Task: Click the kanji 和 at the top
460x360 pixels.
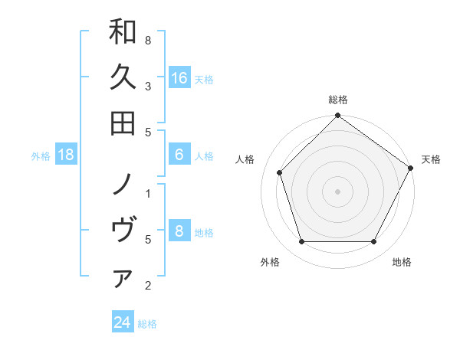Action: point(123,31)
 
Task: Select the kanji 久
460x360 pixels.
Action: point(123,77)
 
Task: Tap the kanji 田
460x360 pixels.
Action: point(123,123)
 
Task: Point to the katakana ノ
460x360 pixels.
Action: point(123,184)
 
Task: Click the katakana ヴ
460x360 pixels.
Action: point(123,230)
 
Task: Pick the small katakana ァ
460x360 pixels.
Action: point(123,277)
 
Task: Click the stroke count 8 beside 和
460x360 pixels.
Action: point(148,40)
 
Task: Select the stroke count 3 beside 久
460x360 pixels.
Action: point(148,86)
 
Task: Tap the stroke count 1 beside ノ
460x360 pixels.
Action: point(148,193)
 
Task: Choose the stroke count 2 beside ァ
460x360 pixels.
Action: point(148,286)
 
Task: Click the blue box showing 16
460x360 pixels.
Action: point(179,77)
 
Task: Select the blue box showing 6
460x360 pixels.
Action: point(179,154)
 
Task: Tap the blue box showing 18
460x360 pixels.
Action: point(67,155)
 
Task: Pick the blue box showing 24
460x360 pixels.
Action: point(123,322)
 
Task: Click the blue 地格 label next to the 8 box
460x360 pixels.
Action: point(204,233)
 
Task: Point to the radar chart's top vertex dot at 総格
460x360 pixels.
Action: point(337,116)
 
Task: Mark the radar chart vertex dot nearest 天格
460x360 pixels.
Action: point(410,169)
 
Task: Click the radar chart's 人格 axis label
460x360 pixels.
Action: point(245,159)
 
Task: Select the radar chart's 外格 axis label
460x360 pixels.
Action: point(270,262)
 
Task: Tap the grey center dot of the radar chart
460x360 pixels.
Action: point(337,191)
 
